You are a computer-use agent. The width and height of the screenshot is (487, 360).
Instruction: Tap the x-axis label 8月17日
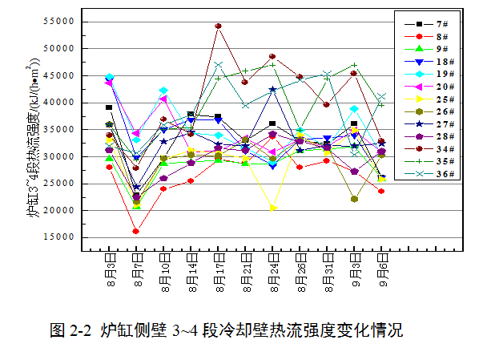[218, 273]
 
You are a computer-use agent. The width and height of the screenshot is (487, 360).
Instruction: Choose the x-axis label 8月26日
[300, 273]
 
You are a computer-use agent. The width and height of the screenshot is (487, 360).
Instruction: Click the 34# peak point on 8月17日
[218, 26]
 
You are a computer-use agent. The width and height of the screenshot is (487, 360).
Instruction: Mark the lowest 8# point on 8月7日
[136, 231]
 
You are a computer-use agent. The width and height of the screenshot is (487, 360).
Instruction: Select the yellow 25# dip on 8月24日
[273, 208]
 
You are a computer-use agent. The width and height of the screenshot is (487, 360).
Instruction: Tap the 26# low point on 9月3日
[354, 199]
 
